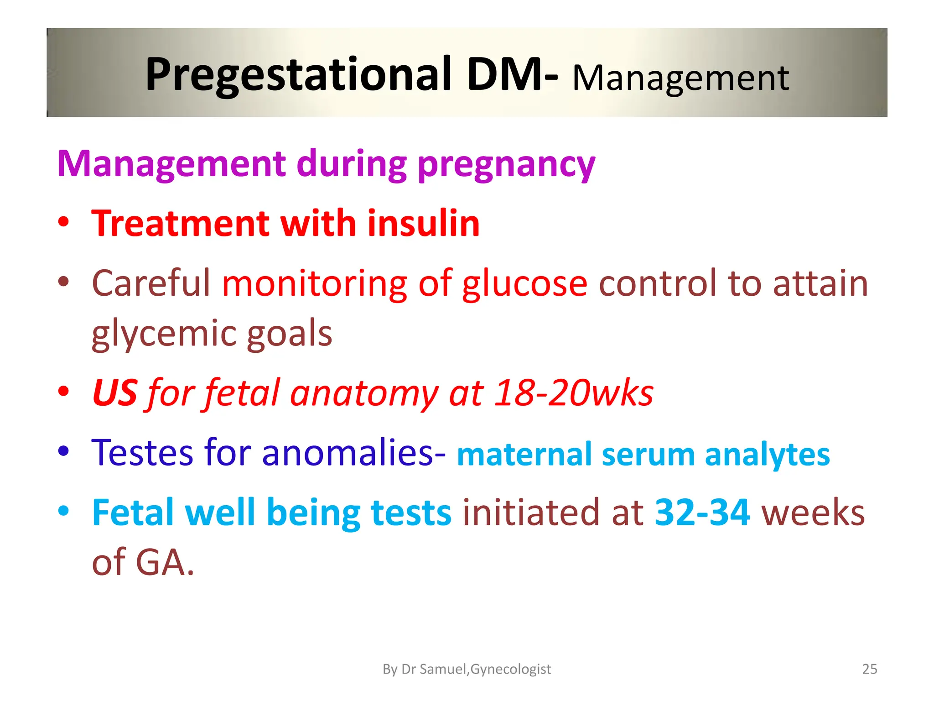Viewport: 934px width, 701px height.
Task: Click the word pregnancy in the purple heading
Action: (x=506, y=165)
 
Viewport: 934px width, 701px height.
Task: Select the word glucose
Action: (x=524, y=284)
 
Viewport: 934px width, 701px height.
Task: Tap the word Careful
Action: (x=151, y=284)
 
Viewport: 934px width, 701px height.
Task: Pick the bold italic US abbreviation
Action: (x=114, y=393)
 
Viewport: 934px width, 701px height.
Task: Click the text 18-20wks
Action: (x=574, y=393)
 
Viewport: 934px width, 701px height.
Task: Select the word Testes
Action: (x=142, y=453)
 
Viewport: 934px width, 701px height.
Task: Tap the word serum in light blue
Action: (x=648, y=455)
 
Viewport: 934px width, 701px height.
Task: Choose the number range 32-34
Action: (x=702, y=513)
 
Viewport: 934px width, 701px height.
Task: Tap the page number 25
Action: (x=870, y=669)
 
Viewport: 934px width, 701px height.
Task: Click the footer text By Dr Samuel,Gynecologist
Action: (x=467, y=669)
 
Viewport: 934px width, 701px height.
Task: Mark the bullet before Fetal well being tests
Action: (x=63, y=512)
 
